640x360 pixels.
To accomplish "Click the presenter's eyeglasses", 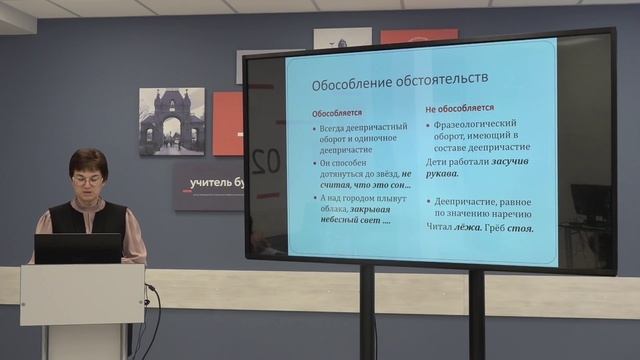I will [x=87, y=180].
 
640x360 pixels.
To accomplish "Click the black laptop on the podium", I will [x=77, y=248].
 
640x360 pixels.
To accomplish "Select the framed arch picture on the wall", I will [x=171, y=121].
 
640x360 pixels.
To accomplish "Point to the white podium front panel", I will [x=81, y=294].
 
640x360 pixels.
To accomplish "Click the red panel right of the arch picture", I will [x=227, y=123].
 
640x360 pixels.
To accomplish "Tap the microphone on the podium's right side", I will [x=149, y=289].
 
